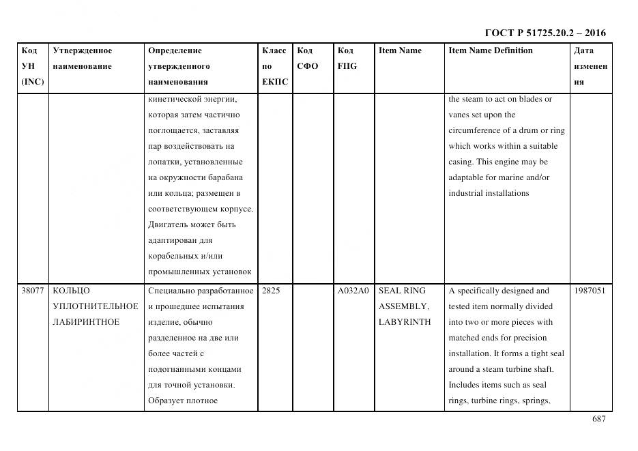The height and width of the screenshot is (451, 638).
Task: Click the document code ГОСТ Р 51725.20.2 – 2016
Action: pos(545,33)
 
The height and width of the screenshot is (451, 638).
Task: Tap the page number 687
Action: pos(598,419)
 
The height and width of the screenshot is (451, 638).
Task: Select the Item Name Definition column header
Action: pos(490,50)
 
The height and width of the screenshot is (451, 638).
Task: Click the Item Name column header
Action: pos(400,50)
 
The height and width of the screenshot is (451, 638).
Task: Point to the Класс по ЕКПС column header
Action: pos(274,66)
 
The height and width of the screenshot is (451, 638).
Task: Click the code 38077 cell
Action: pos(33,291)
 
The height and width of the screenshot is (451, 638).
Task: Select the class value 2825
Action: pos(271,291)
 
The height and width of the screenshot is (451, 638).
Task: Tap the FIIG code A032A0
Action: pos(353,291)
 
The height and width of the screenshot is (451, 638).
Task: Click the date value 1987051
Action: pos(590,291)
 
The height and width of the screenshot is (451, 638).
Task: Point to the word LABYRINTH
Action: pos(405,322)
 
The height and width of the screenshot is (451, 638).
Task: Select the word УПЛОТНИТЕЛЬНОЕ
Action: pos(95,306)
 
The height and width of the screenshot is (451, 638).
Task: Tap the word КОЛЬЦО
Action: pos(71,291)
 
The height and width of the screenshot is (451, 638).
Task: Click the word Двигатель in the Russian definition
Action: pos(167,224)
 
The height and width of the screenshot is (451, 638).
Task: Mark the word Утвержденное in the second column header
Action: pos(82,50)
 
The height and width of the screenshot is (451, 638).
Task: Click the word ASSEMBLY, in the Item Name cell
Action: pos(403,306)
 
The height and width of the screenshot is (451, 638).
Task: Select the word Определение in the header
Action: pos(175,50)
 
